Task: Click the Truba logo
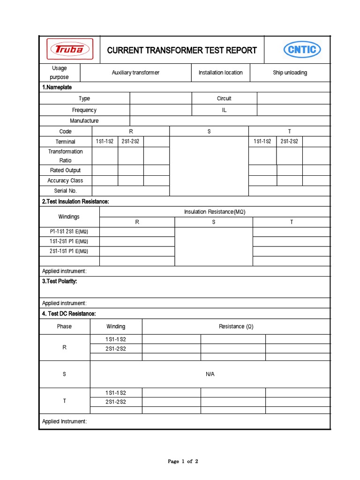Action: click(x=69, y=50)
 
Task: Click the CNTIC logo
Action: click(x=302, y=50)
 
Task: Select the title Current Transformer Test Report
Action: click(x=182, y=50)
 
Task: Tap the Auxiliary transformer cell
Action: click(x=135, y=73)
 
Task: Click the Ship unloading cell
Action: click(x=290, y=73)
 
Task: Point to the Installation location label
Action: click(x=220, y=73)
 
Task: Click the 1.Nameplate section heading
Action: click(x=57, y=87)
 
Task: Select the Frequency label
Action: click(x=84, y=110)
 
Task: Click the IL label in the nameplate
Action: click(x=224, y=110)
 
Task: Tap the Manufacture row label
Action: click(x=84, y=121)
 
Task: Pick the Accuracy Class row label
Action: click(x=65, y=180)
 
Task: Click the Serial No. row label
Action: click(x=65, y=191)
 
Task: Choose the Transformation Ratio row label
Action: click(x=65, y=156)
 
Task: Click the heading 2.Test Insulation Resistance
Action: click(x=75, y=202)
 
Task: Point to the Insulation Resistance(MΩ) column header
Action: click(x=215, y=212)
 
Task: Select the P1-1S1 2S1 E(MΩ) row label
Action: click(x=69, y=232)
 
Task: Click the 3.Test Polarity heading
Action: click(x=60, y=281)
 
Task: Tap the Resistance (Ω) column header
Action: click(x=236, y=326)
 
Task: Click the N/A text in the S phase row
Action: click(x=210, y=374)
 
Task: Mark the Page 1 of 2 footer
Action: click(x=183, y=461)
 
